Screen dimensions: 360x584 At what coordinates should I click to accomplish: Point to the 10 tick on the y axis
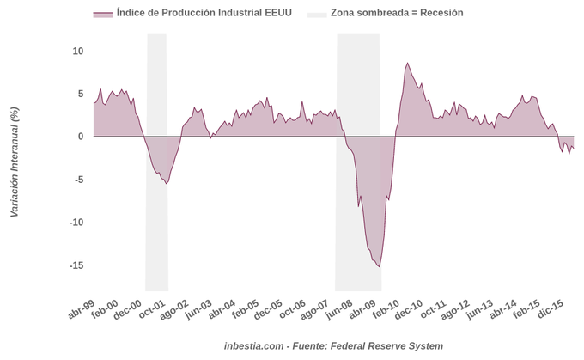(78, 52)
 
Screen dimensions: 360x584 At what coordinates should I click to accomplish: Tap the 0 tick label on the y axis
(81, 137)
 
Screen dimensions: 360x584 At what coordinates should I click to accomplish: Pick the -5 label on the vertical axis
(78, 180)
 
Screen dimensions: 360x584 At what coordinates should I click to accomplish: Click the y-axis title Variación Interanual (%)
(14, 162)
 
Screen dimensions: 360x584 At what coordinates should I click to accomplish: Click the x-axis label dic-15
(551, 311)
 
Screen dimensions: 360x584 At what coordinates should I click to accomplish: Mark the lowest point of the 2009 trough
(380, 267)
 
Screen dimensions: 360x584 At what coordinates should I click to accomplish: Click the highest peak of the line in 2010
(407, 63)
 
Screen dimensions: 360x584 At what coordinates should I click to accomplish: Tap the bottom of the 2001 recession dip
(166, 183)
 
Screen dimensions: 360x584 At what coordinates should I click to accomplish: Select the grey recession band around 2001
(157, 103)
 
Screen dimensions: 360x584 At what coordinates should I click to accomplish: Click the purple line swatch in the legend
(102, 14)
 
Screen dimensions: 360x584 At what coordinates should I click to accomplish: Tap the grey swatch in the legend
(319, 14)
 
